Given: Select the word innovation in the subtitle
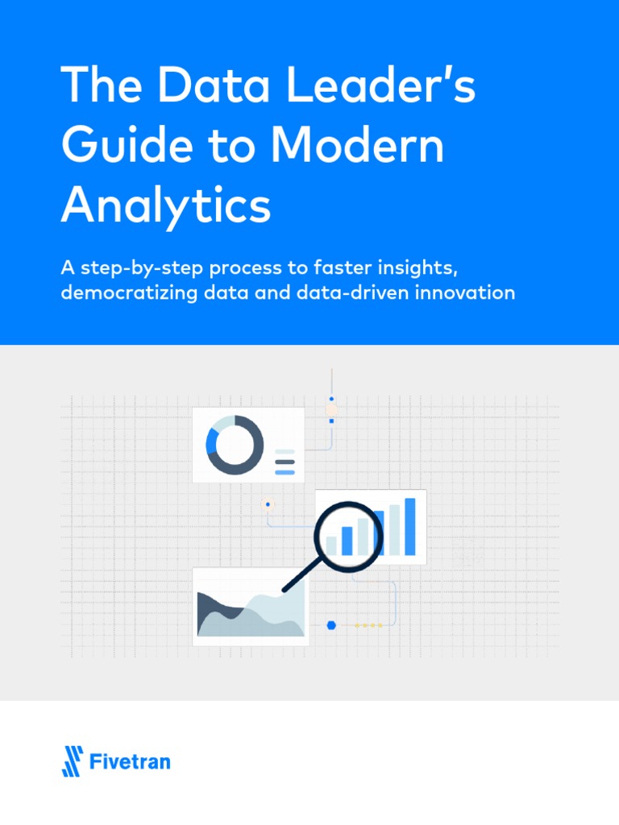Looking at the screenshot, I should click(x=465, y=292).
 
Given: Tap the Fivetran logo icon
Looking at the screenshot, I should click(x=73, y=761).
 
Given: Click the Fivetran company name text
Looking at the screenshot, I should click(x=130, y=761).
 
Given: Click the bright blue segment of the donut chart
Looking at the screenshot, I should click(x=212, y=441).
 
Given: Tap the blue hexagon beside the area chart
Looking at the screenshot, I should click(x=330, y=624).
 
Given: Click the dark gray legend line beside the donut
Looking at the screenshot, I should click(x=285, y=462).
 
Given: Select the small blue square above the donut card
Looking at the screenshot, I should click(x=331, y=421).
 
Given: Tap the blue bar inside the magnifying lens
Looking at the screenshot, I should click(x=347, y=541).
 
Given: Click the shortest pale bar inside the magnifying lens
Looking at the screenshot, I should click(x=331, y=545).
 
